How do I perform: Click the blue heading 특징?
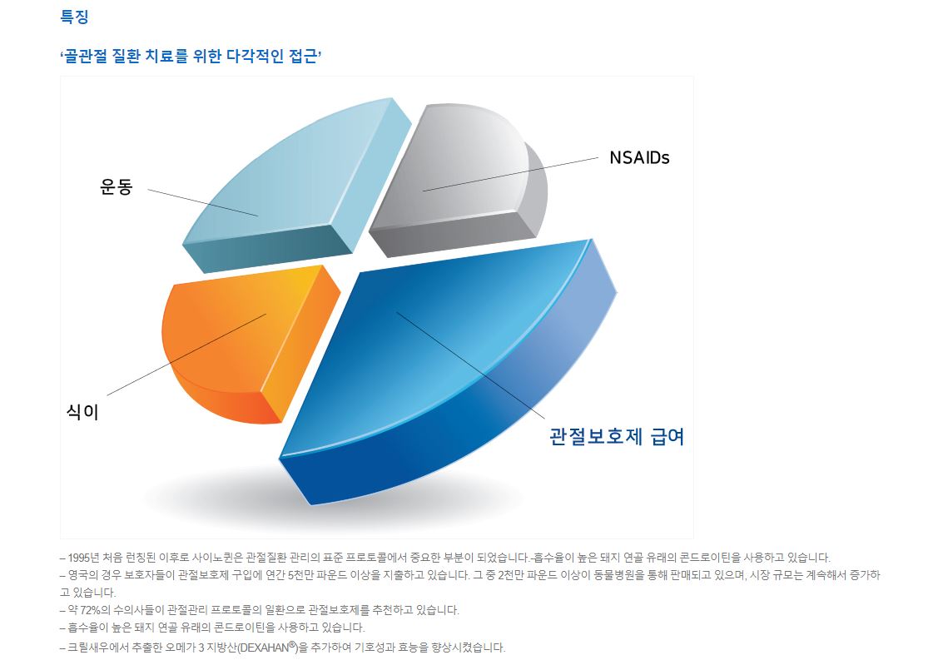74,16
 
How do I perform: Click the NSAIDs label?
639,158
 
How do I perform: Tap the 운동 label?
116,186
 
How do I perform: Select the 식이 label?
82,411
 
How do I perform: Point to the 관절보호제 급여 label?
617,437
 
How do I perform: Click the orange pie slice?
249,343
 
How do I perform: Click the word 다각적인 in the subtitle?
255,57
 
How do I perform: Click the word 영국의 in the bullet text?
80,575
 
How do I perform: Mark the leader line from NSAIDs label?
511,175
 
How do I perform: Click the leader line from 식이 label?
187,355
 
